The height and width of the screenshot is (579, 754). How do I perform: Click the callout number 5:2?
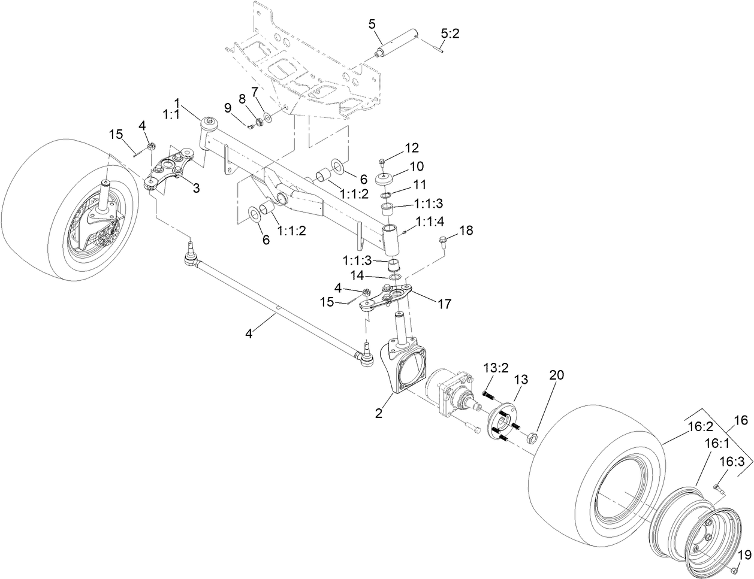tap(450, 35)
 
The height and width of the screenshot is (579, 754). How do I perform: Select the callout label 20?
tap(557, 375)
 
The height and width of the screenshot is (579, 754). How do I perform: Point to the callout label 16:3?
tap(732, 462)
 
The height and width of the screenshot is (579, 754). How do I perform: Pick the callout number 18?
tap(466, 231)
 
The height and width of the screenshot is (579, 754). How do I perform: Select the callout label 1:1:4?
tap(430, 222)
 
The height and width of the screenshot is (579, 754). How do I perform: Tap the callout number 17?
tap(444, 304)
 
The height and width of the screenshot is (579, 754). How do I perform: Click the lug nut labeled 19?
tap(734, 568)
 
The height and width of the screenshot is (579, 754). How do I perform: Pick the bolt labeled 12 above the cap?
tap(382, 162)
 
